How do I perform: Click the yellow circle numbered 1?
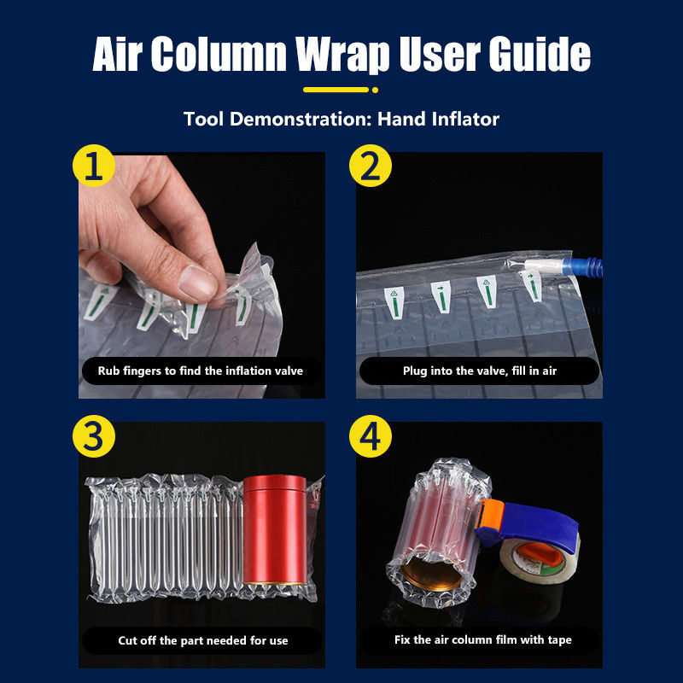click(x=94, y=166)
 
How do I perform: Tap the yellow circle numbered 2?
click(x=371, y=166)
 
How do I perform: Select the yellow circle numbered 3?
click(x=94, y=436)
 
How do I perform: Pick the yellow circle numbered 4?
click(x=371, y=436)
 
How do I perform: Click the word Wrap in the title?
click(x=342, y=54)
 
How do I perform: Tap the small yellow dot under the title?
click(x=375, y=90)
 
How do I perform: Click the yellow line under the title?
click(x=336, y=90)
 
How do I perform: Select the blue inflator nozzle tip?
click(x=583, y=266)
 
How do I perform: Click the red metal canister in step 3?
click(x=275, y=529)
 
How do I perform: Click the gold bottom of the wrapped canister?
click(x=431, y=574)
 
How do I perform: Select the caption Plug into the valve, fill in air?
click(x=480, y=371)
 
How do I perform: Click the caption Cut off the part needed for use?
click(x=203, y=640)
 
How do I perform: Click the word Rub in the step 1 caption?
click(x=108, y=371)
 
